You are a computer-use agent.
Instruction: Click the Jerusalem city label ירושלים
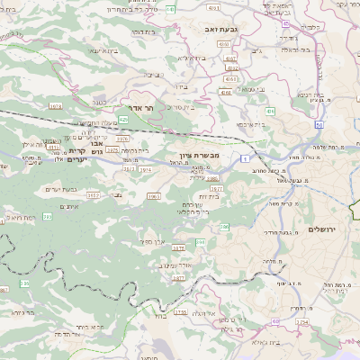pos(319,229)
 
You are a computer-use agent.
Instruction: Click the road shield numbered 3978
pos(55,106)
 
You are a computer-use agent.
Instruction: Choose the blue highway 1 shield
pos(244,158)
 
